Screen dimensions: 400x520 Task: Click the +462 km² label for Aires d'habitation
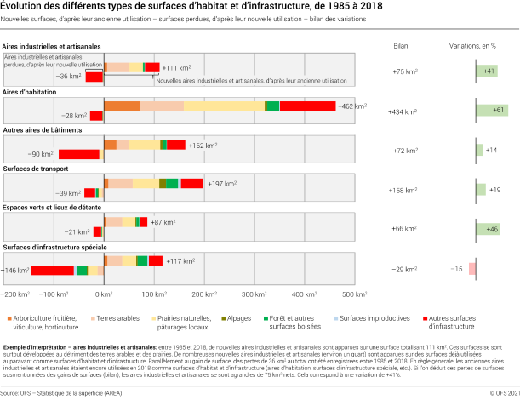tap(352, 106)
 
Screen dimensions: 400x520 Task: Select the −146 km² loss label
tap(16, 270)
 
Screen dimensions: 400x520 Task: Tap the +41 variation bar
tap(486, 71)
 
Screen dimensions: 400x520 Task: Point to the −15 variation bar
tap(471, 269)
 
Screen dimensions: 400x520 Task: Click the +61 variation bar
tap(491, 111)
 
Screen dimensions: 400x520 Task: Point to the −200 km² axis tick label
tap(14, 293)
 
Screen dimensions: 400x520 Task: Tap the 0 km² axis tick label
tap(104, 293)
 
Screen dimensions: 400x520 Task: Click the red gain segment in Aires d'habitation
tap(307, 106)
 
